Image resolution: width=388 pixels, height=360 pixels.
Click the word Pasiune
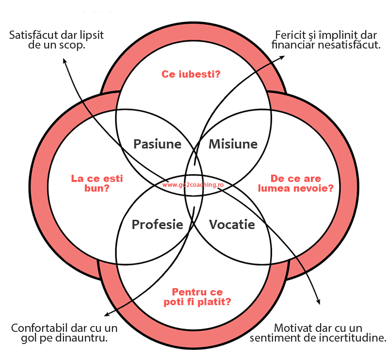[157, 144]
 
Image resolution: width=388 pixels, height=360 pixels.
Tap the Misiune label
[233, 144]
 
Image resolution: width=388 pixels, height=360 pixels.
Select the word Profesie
[157, 225]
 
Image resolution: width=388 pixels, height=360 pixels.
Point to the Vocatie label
[232, 225]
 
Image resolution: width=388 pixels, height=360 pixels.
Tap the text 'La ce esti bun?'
[97, 183]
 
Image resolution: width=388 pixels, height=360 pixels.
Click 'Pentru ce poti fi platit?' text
[197, 297]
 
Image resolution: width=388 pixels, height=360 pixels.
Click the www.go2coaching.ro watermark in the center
[193, 185]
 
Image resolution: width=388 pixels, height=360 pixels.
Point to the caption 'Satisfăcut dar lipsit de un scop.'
[56, 40]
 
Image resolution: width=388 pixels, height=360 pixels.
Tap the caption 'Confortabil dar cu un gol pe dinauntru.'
[64, 333]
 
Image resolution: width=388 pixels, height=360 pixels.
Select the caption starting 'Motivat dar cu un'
[318, 333]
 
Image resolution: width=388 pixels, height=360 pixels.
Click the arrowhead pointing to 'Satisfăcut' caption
[64, 61]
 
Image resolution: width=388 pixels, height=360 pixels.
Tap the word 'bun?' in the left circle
[97, 188]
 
